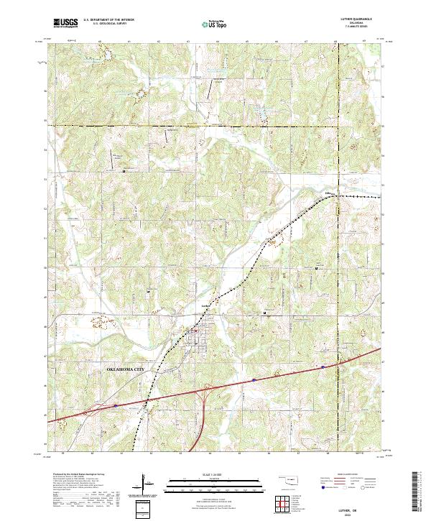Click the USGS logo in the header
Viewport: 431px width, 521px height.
point(66,23)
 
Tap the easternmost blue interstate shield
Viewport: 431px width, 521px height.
point(323,366)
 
